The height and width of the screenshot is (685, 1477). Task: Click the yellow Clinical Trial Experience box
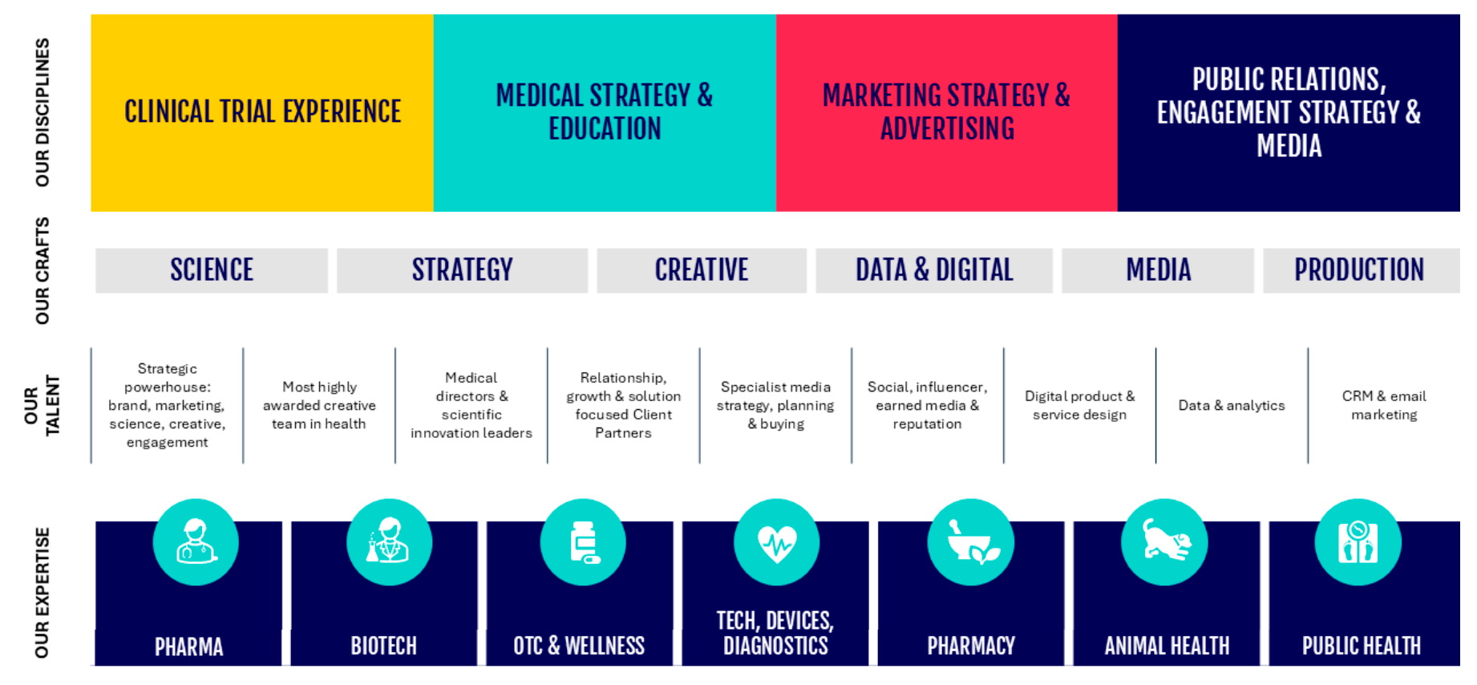pos(262,113)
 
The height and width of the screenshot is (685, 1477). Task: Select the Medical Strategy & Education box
pos(605,113)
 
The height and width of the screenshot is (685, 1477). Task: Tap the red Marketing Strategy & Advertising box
pos(947,113)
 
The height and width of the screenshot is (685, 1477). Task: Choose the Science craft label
pos(212,270)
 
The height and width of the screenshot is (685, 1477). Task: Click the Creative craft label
pos(702,270)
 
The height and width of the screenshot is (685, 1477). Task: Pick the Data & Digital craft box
pos(934,270)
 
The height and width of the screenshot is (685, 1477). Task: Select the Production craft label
pos(1361,270)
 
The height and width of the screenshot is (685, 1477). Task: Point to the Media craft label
pos(1158,270)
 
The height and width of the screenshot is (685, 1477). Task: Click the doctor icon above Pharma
pos(196,542)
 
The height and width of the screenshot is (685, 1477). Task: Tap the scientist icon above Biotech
pos(389,542)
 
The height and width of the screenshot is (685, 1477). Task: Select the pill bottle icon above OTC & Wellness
pos(583,542)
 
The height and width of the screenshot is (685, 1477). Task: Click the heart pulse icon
pos(777,542)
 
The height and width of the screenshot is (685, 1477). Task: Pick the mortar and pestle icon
pos(971,542)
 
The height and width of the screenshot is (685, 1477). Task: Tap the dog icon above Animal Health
pos(1164,542)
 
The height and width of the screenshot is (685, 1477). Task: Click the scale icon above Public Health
pos(1358,542)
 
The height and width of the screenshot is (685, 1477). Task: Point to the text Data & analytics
pos(1232,406)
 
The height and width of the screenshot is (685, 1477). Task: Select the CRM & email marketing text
pos(1384,405)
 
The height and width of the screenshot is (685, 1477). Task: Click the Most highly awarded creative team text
pos(319,406)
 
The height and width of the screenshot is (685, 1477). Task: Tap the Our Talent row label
pos(42,406)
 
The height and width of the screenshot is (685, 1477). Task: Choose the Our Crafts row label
pos(42,271)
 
